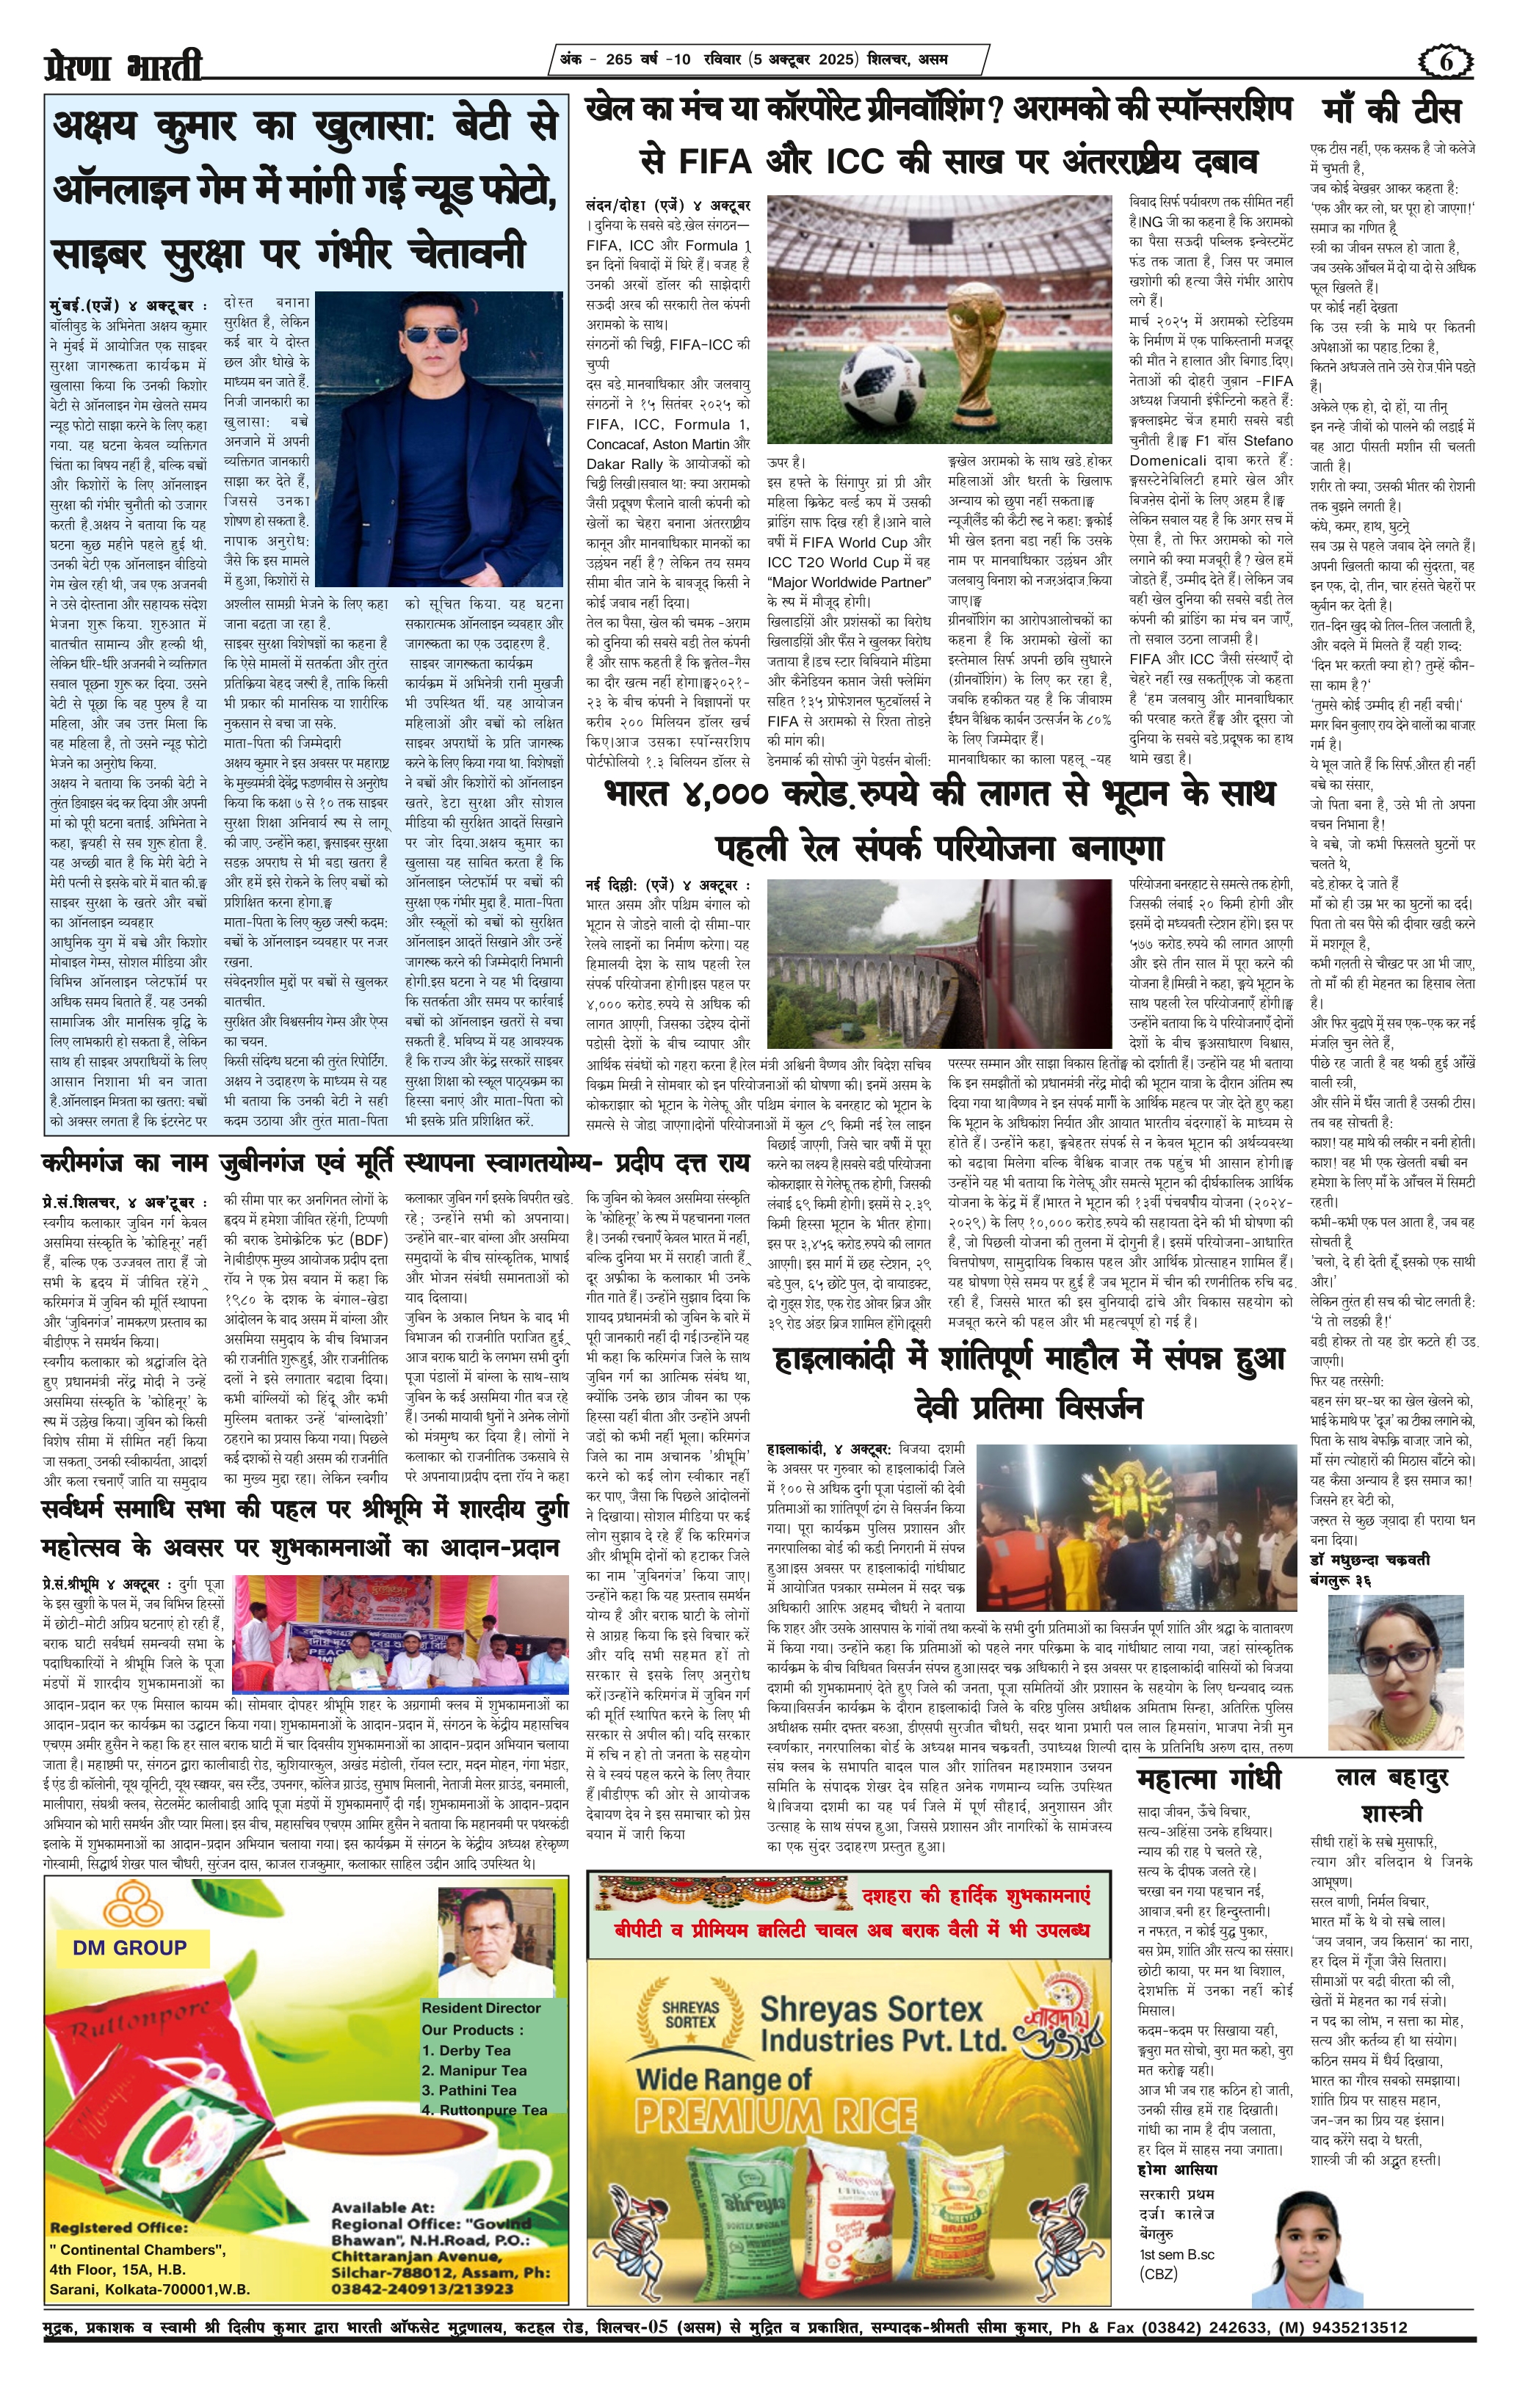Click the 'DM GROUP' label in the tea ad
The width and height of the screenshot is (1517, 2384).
[x=128, y=1947]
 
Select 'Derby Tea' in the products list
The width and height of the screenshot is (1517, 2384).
[x=466, y=2050]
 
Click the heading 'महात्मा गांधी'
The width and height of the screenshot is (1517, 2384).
[x=1209, y=1779]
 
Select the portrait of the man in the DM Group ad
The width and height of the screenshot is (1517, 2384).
[x=495, y=1941]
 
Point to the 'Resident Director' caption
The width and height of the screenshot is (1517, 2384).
[x=481, y=2007]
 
